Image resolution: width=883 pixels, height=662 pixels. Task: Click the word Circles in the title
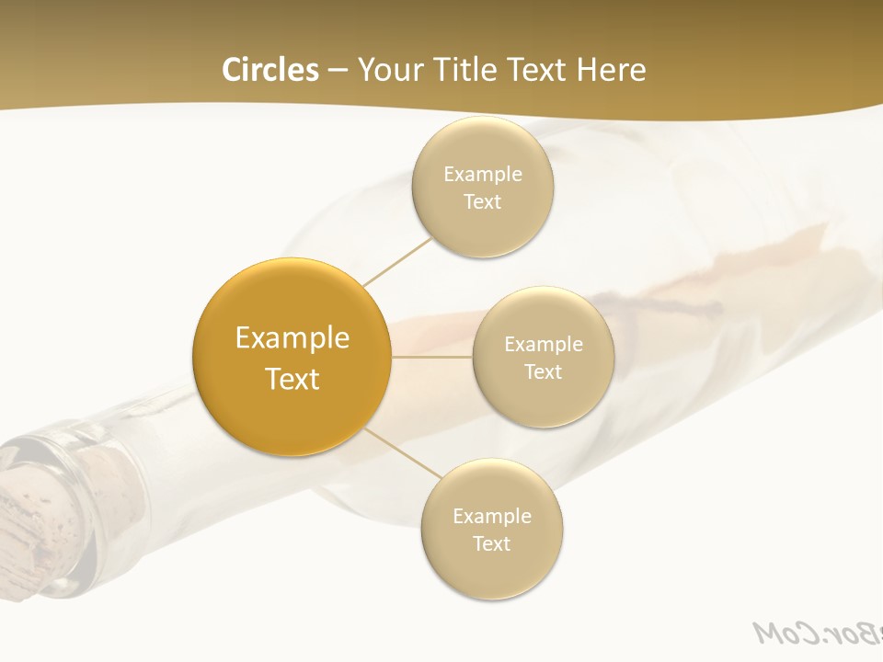[269, 70]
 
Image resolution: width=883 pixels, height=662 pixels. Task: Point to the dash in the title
[338, 71]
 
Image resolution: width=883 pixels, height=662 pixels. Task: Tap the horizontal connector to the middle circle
[432, 356]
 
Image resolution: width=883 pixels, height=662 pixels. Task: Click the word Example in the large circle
[292, 338]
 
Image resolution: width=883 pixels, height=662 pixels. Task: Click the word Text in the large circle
[292, 379]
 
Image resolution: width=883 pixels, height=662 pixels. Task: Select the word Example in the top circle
[483, 174]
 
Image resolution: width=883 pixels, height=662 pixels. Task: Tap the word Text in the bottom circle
[491, 543]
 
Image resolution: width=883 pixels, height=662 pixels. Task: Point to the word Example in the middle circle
[544, 344]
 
